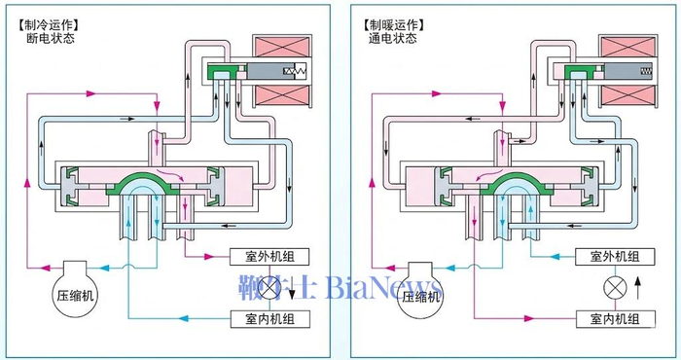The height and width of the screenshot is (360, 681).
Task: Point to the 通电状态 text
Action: [x=392, y=39]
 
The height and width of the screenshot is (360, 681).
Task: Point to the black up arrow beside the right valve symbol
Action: [x=638, y=285]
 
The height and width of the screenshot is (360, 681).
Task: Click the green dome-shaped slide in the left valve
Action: [x=153, y=186]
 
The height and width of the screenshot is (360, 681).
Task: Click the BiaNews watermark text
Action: [x=365, y=289]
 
